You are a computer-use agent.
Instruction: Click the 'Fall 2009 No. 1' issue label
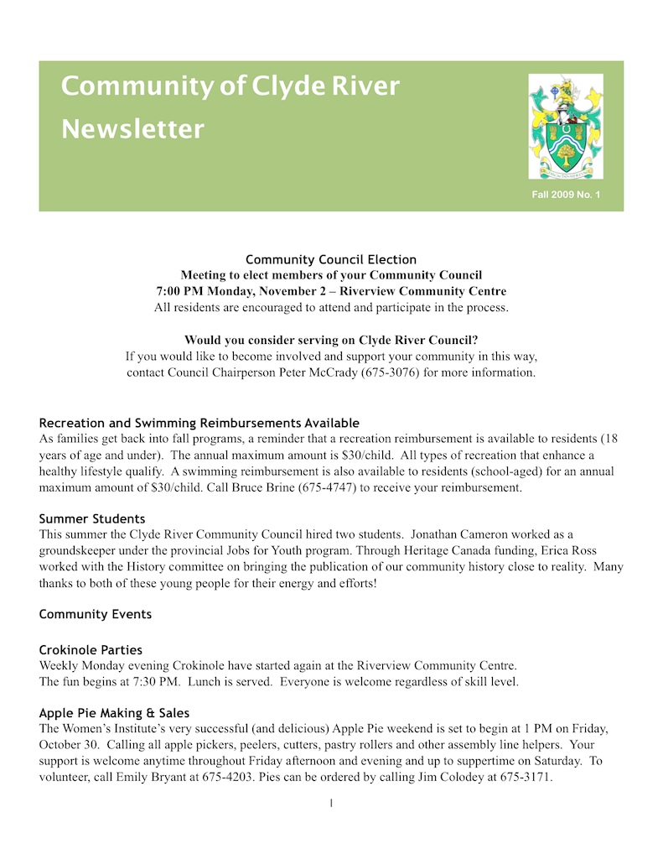(x=566, y=195)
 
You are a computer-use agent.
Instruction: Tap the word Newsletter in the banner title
(x=132, y=129)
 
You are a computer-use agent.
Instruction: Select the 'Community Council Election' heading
(x=331, y=259)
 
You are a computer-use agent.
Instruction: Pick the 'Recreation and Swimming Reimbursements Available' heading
(x=199, y=423)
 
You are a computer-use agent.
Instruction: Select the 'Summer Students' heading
(x=92, y=518)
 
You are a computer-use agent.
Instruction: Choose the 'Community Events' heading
(x=96, y=614)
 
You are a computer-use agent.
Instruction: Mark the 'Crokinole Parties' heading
(x=91, y=649)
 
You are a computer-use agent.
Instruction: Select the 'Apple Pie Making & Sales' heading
(x=114, y=713)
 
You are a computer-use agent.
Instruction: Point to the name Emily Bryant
(x=143, y=777)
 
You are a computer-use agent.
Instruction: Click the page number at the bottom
(x=331, y=804)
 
